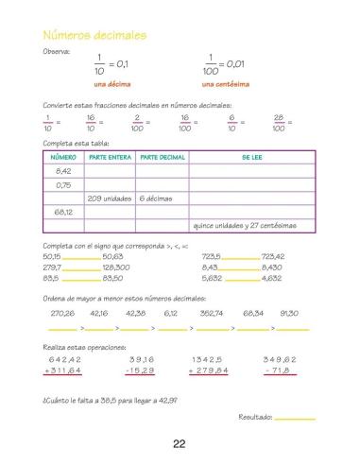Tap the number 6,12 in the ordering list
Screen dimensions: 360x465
[x=171, y=312]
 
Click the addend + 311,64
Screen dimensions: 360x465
[x=62, y=371]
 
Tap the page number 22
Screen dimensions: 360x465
[x=179, y=444]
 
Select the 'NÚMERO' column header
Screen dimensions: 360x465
[x=63, y=157]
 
